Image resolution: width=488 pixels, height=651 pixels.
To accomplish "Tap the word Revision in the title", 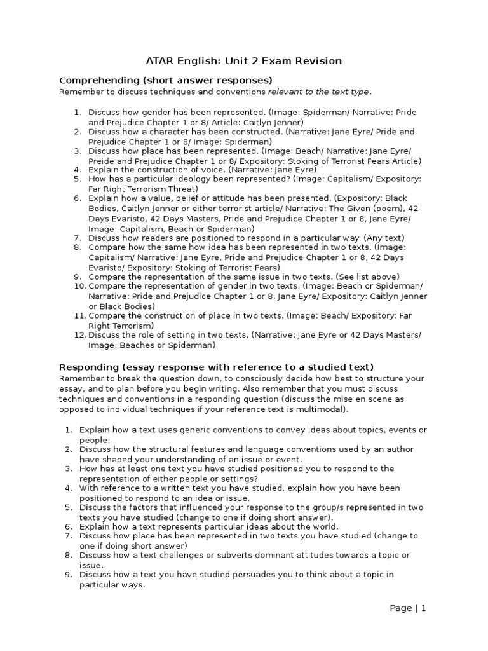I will click(320, 61).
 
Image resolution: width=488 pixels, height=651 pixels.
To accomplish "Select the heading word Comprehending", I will click(97, 80).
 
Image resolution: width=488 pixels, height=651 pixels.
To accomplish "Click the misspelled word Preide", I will click(102, 161).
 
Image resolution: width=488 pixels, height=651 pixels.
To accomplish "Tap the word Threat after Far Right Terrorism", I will click(181, 189).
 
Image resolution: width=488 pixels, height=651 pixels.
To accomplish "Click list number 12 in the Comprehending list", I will click(78, 335).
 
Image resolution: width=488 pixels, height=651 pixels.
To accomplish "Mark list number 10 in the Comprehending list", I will click(78, 286).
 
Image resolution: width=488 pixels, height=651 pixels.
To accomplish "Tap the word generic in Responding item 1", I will click(185, 430).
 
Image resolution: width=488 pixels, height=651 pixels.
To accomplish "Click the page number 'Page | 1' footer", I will click(407, 608).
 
